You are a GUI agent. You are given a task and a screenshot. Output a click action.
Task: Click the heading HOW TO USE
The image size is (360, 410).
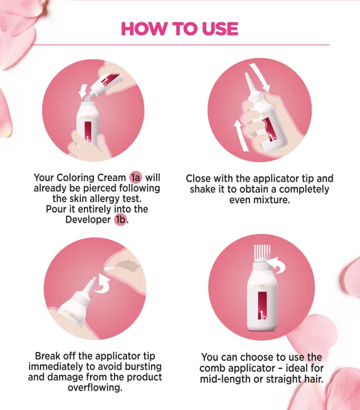click(x=179, y=29)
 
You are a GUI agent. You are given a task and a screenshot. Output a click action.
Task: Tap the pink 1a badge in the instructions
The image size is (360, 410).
click(x=136, y=178)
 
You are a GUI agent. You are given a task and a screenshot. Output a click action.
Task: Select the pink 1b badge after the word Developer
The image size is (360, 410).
click(x=120, y=219)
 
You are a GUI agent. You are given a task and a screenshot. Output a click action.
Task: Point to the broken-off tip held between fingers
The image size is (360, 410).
click(x=109, y=268)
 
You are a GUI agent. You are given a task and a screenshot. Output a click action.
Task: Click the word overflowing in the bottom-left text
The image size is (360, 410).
click(x=95, y=388)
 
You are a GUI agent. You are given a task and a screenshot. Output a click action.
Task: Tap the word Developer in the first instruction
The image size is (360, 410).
click(x=88, y=219)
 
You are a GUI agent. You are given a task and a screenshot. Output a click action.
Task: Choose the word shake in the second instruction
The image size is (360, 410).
click(x=203, y=189)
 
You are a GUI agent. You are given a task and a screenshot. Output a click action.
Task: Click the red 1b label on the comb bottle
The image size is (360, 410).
click(x=263, y=306)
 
